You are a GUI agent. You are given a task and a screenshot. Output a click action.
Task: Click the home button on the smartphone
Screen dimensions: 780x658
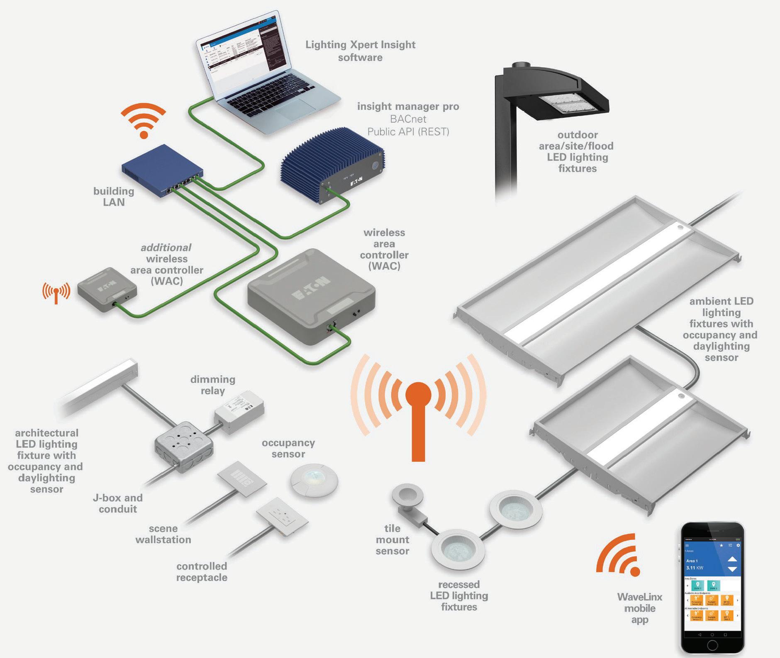tap(712, 646)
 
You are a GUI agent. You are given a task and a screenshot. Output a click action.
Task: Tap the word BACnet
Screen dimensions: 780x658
tap(408, 119)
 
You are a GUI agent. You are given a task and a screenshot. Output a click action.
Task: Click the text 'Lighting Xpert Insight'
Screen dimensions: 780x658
tap(360, 45)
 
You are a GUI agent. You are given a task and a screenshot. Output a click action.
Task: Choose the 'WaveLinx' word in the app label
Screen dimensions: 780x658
tap(639, 597)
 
